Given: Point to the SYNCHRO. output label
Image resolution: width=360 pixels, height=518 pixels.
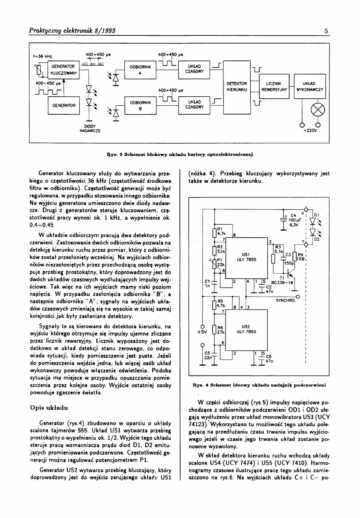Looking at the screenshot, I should [286, 301].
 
